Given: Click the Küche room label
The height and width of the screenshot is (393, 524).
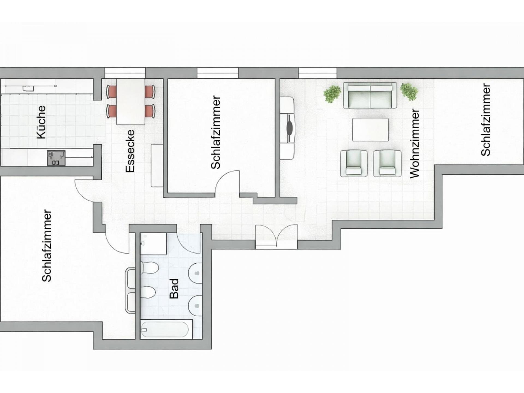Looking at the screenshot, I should tap(41, 122).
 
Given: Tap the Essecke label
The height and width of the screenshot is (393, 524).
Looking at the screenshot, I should tap(130, 151).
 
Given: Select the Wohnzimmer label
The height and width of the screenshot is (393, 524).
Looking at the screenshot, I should tap(415, 144).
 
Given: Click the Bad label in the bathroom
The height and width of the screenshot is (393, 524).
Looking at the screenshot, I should tap(174, 288).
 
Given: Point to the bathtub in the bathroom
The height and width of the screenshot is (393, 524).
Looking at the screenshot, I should tap(165, 329).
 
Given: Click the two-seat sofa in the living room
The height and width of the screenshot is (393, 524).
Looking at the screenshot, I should tap(370, 96).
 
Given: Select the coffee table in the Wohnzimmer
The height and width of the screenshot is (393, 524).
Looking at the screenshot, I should tap(370, 130).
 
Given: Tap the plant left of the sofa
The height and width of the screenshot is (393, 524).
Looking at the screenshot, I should tap(332, 94).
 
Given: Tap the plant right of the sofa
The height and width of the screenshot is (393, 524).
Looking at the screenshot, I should tap(409, 91).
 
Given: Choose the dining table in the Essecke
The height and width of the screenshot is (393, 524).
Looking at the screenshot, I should tap(131, 102).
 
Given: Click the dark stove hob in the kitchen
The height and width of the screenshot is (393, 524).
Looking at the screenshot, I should tap(56, 158).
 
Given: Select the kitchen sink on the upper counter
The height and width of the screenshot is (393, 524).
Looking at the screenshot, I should tap(28, 88).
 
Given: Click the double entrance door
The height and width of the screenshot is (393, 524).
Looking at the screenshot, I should tap(276, 237).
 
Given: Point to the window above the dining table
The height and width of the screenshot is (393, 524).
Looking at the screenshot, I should tap(125, 73).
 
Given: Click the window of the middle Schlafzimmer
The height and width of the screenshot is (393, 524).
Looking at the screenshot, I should tap(218, 73).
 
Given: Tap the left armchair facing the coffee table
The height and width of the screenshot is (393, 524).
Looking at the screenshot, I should tap(354, 163).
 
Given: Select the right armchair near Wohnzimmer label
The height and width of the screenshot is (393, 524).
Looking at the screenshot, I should tap(387, 163).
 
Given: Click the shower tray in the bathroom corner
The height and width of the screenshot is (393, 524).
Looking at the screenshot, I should tap(153, 244).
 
